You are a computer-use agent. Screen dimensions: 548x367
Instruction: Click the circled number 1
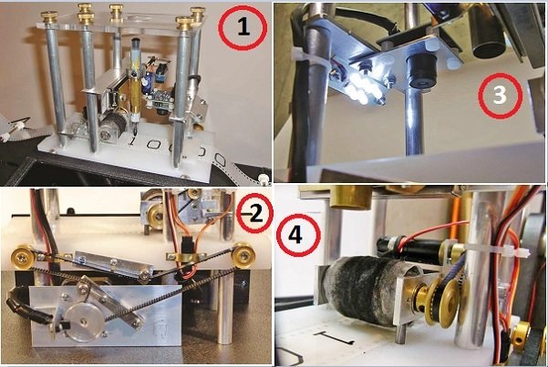pyautogui.click(x=243, y=27)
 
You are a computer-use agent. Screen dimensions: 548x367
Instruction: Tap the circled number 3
pyautogui.click(x=499, y=95)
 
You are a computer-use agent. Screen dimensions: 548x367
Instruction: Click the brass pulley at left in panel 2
pyautogui.click(x=23, y=257)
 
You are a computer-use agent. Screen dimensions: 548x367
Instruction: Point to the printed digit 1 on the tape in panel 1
pyautogui.click(x=132, y=141)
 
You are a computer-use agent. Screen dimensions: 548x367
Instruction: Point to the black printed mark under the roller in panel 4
pyautogui.click(x=335, y=337)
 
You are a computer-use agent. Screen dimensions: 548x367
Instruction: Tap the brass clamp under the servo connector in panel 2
pyautogui.click(x=184, y=256)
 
